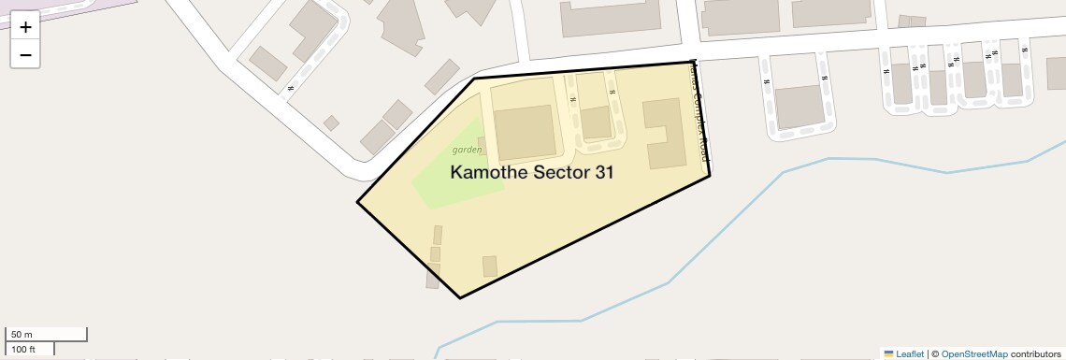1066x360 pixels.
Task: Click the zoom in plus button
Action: (x=25, y=27)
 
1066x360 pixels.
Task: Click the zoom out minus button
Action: (x=25, y=55)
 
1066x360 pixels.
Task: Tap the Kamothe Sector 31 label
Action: (x=531, y=173)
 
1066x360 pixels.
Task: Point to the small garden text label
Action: (x=467, y=150)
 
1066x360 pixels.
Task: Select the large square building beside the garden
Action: (x=524, y=133)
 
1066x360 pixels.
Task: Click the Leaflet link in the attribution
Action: (x=910, y=354)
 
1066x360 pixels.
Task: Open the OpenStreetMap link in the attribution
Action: (x=973, y=354)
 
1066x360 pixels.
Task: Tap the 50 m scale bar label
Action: (x=22, y=335)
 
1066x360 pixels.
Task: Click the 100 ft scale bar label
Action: (x=23, y=350)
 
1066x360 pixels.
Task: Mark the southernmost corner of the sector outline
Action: (x=460, y=298)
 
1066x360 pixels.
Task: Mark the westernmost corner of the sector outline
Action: (x=357, y=202)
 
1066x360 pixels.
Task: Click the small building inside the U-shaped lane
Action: (x=596, y=122)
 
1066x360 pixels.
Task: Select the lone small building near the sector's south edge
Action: (x=489, y=266)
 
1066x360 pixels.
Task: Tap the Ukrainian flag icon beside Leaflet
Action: (x=888, y=354)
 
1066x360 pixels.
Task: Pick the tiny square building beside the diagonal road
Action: (x=331, y=122)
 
